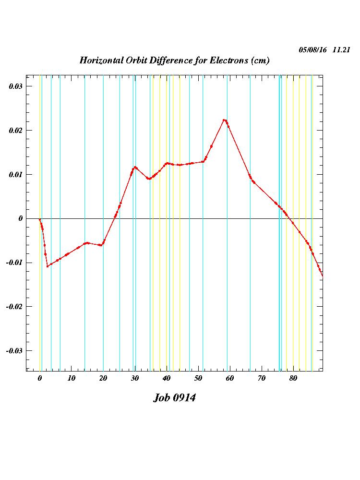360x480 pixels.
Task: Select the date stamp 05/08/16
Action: point(312,50)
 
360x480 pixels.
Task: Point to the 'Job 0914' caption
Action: point(174,398)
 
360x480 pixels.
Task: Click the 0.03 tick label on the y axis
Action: point(16,86)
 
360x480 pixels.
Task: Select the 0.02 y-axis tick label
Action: point(16,131)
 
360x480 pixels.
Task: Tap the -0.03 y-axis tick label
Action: point(14,350)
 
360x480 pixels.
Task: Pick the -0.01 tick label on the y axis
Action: point(14,263)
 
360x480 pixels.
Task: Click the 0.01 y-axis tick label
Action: point(16,175)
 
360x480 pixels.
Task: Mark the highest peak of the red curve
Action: point(224,120)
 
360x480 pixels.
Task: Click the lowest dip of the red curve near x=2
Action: point(48,266)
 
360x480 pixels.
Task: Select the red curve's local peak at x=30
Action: point(135,167)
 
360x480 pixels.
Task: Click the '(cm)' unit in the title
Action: point(260,61)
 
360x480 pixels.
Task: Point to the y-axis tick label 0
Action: point(21,218)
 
